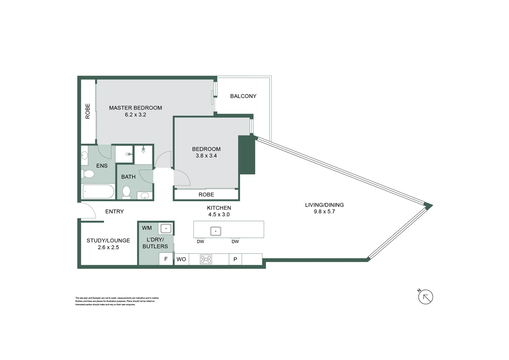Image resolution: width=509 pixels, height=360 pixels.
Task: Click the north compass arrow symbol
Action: (425, 297)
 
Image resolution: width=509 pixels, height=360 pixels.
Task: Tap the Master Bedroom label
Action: (135, 108)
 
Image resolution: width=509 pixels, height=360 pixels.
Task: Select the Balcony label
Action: (243, 96)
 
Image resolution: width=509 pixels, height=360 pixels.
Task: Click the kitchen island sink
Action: (216, 231)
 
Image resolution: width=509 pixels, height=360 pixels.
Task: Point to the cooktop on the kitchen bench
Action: (206, 259)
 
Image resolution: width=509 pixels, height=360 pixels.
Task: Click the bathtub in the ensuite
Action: (98, 192)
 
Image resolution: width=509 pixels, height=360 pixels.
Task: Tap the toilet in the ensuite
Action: (88, 174)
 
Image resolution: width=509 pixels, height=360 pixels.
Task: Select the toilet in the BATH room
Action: (126, 192)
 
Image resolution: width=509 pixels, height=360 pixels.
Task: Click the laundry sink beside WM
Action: (166, 229)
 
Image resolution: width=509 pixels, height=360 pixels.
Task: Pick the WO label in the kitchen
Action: (181, 259)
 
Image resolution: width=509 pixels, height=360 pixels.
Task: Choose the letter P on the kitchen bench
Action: (235, 259)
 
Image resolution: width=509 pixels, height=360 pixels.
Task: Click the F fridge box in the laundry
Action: (166, 259)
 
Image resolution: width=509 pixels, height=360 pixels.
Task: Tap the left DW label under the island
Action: (200, 242)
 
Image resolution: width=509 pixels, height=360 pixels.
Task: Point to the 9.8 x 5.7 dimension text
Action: (324, 211)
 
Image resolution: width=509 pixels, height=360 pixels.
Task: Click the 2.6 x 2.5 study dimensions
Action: (108, 247)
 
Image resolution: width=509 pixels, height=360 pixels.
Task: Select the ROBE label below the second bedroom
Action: (206, 195)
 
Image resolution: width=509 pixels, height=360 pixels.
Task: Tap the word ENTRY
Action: (114, 211)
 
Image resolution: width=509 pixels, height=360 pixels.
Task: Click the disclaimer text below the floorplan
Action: (117, 301)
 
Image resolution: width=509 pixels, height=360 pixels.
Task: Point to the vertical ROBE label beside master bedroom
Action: (88, 111)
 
